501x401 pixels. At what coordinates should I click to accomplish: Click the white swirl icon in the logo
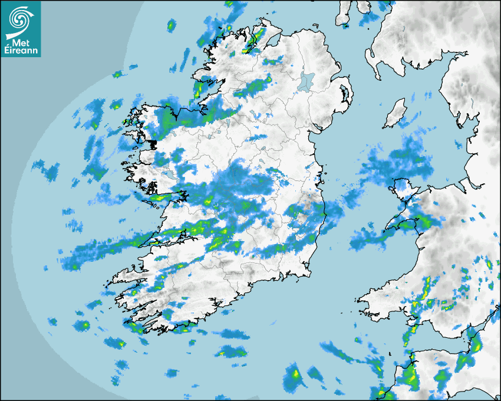21,19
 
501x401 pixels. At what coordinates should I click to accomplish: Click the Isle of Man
395,113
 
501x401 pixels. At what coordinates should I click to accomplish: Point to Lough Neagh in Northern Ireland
306,81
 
